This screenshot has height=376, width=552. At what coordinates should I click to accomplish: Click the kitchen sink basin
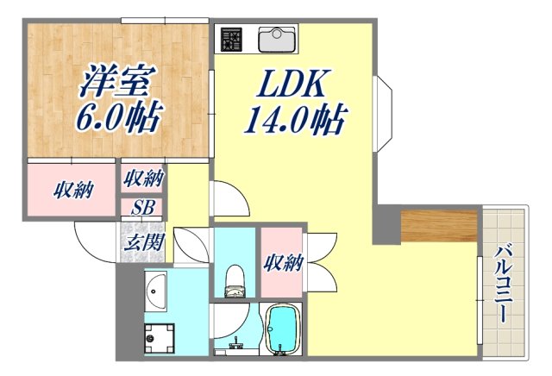click(277, 39)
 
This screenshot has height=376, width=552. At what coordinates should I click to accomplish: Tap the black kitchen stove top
click(231, 40)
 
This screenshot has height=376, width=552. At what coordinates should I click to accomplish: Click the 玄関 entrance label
click(143, 242)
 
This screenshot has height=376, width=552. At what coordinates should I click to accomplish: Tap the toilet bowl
click(233, 276)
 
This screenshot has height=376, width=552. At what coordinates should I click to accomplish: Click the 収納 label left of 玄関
click(72, 189)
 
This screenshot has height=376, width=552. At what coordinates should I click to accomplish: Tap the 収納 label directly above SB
click(142, 179)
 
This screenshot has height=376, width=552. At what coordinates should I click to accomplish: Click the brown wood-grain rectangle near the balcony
click(438, 225)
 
